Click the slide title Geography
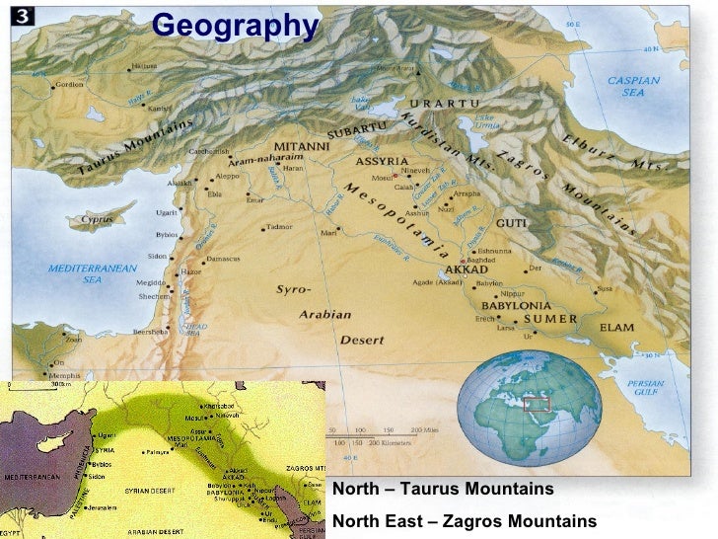point(236,26)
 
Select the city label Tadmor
point(279,227)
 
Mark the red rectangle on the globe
point(538,403)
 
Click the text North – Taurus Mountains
point(444,490)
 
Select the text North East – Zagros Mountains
point(466,520)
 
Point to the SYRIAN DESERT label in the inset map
point(150,490)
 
